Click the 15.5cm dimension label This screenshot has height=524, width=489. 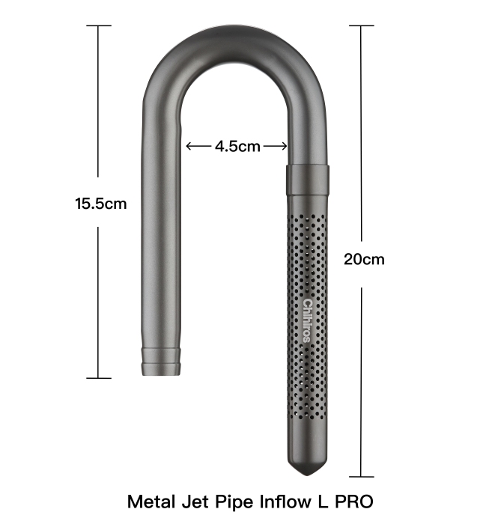point(100,203)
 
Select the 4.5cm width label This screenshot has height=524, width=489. point(237,147)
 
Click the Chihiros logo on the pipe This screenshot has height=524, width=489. point(307,320)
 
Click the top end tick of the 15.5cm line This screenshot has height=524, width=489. point(99,26)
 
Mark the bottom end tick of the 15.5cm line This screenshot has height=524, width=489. point(99,378)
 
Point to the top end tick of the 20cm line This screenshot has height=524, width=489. point(362,26)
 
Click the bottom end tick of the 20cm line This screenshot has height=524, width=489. point(362,476)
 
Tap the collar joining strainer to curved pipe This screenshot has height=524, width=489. point(308,180)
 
